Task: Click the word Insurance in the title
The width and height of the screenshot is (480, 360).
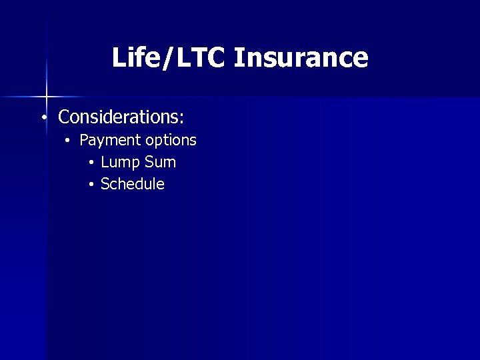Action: coord(301,57)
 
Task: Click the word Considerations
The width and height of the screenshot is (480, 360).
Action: coord(119,117)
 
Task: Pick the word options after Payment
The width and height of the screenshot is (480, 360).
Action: coord(171,141)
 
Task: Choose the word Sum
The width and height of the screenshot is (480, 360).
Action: coord(161,162)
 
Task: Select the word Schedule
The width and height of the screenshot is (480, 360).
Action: coord(132,184)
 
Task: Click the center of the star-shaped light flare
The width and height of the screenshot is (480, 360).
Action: coord(47,97)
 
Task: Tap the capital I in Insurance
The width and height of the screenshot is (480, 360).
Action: coord(239,57)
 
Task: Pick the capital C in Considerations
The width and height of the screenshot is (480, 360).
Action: coord(64,117)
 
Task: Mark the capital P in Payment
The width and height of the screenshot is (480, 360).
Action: coord(84,141)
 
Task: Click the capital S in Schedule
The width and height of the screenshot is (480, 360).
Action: coord(105,184)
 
